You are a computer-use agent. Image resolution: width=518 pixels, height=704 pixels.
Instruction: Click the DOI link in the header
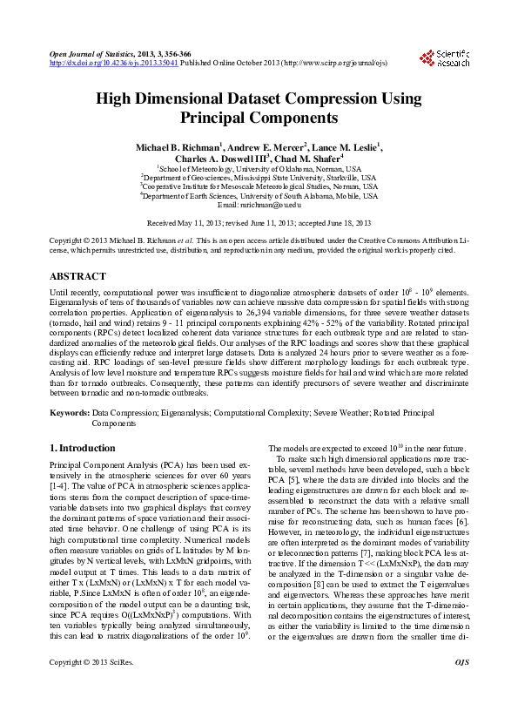pyautogui.click(x=113, y=63)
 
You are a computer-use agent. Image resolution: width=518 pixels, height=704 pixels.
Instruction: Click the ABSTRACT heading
pyautogui.click(x=78, y=275)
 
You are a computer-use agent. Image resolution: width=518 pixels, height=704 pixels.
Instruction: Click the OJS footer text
pyautogui.click(x=461, y=687)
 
